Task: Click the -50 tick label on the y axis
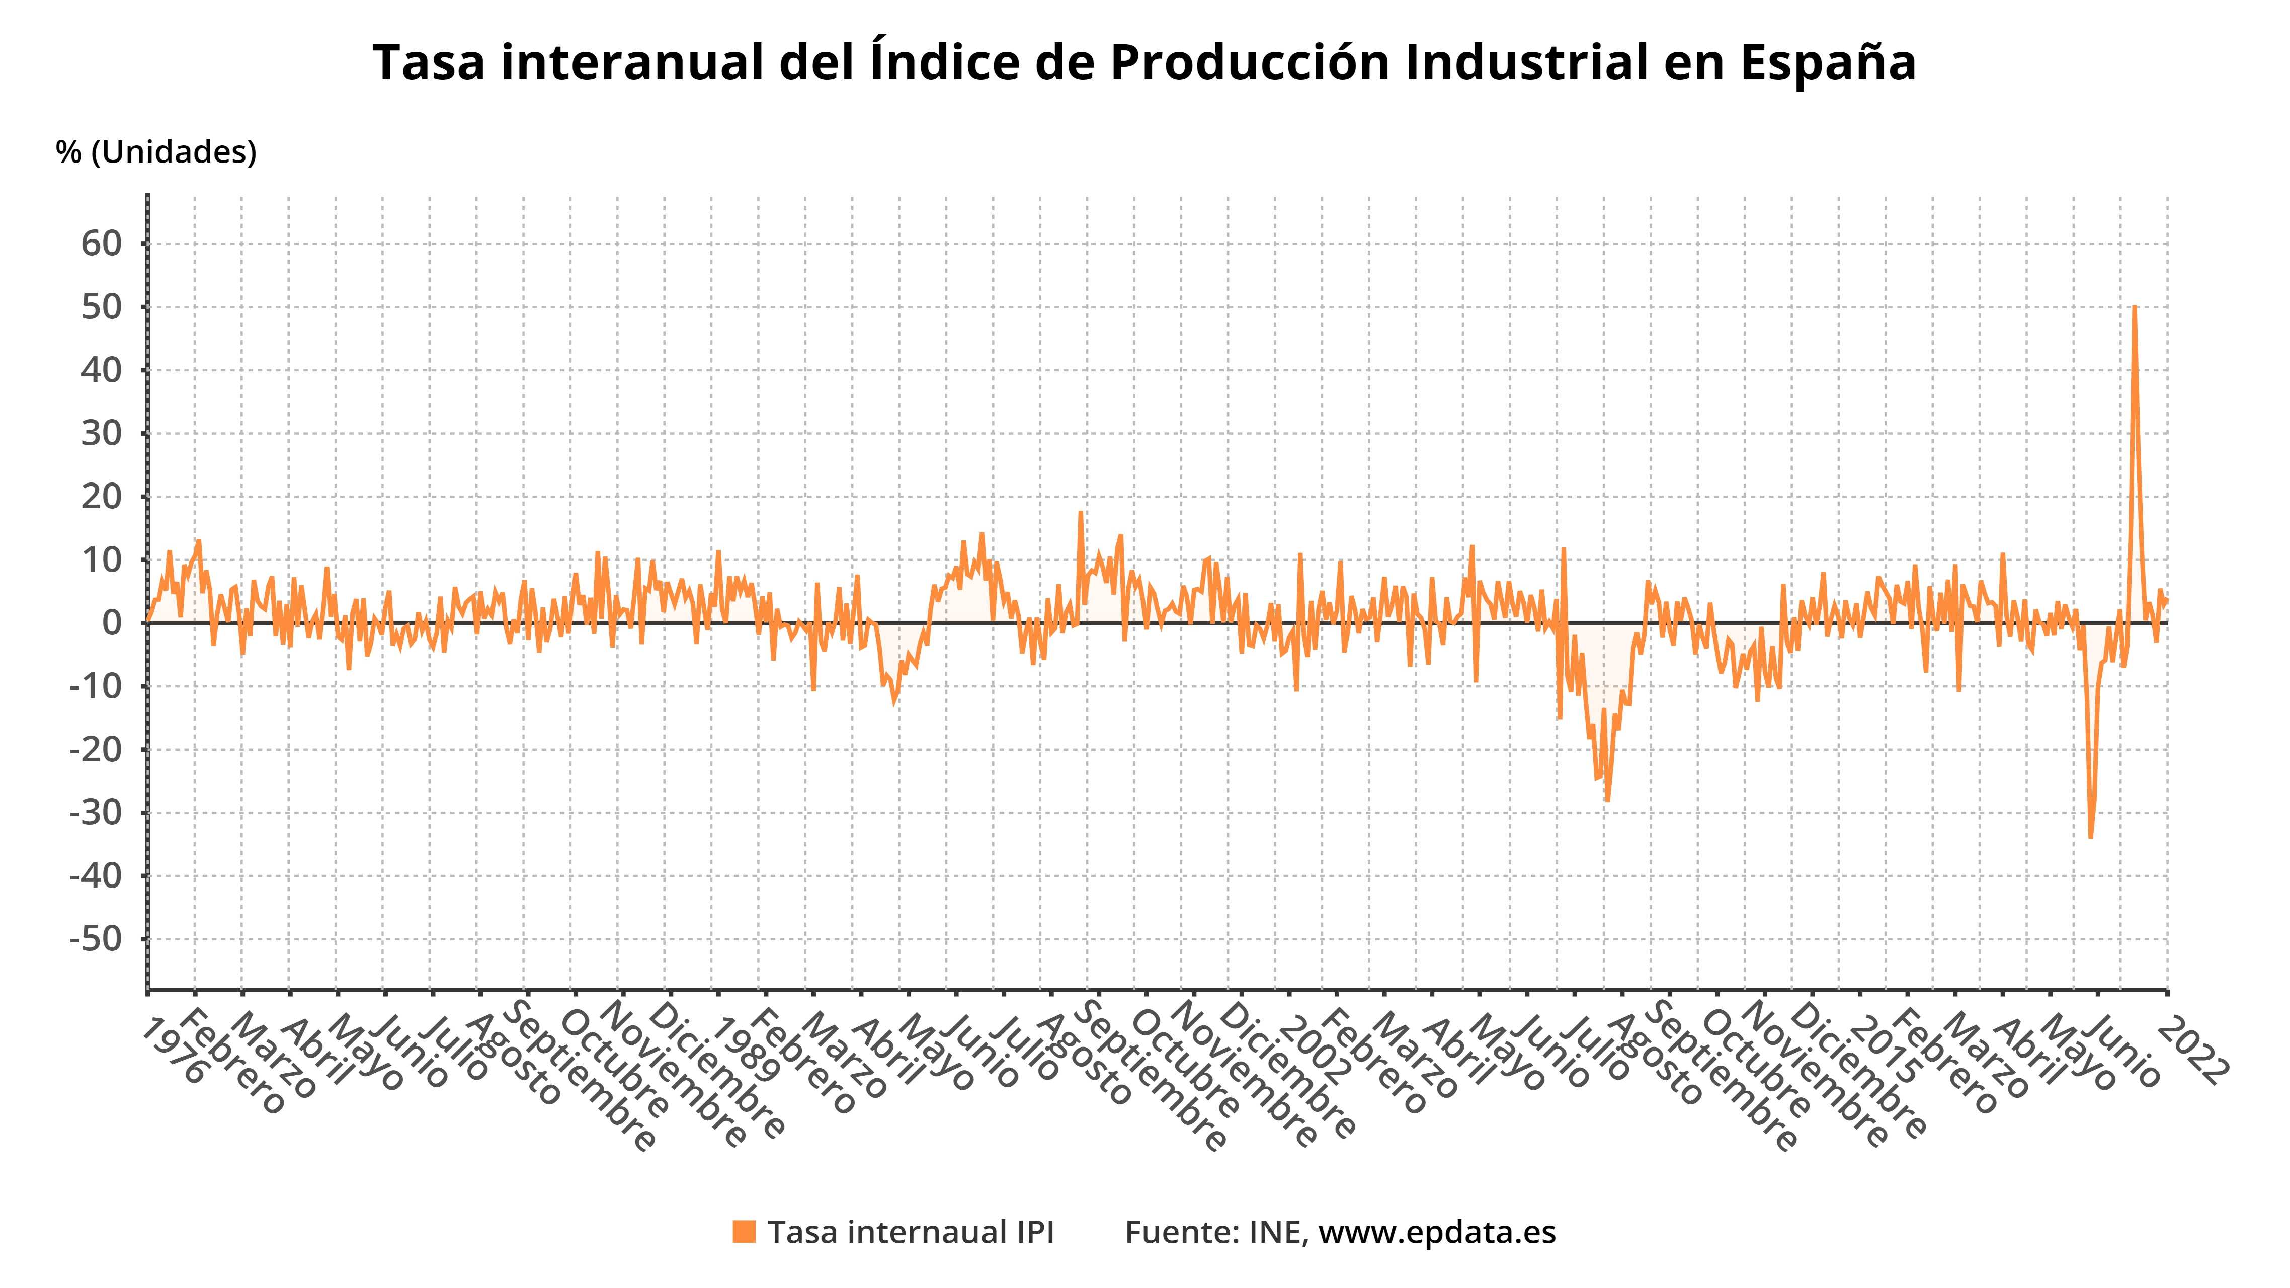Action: click(x=95, y=939)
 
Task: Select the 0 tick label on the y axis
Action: click(x=112, y=623)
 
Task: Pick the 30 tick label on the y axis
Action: click(x=101, y=434)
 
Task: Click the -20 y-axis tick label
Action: click(x=95, y=749)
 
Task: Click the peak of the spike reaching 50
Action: click(x=2135, y=307)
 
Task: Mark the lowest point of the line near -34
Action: click(x=2090, y=836)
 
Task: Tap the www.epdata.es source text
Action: click(x=1437, y=1232)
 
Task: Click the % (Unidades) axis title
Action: click(x=155, y=152)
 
